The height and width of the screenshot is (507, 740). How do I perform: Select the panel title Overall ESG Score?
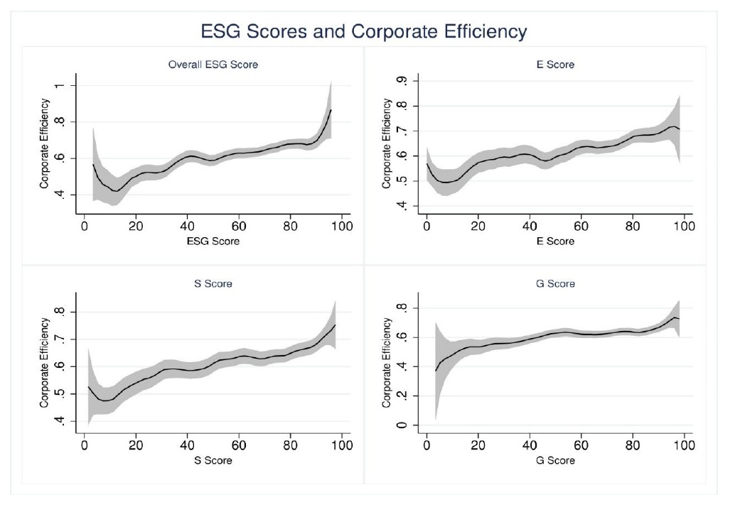pyautogui.click(x=213, y=65)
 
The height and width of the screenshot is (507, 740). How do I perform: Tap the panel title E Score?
pyautogui.click(x=555, y=65)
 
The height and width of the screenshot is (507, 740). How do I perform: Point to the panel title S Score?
pyautogui.click(x=213, y=284)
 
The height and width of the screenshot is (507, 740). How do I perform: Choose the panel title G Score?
pyautogui.click(x=555, y=284)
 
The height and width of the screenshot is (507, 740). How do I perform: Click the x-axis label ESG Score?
pyautogui.click(x=213, y=241)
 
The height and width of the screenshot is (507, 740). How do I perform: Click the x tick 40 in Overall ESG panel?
pyautogui.click(x=187, y=226)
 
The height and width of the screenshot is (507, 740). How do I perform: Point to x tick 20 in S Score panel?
pyautogui.click(x=136, y=445)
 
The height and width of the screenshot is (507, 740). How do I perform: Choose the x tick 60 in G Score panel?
pyautogui.click(x=581, y=445)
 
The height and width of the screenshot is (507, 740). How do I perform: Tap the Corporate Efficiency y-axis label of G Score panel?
pyautogui.click(x=387, y=362)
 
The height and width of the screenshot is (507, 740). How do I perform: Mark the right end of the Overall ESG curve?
pyautogui.click(x=331, y=110)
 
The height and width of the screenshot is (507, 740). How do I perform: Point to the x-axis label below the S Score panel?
pyautogui.click(x=213, y=460)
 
